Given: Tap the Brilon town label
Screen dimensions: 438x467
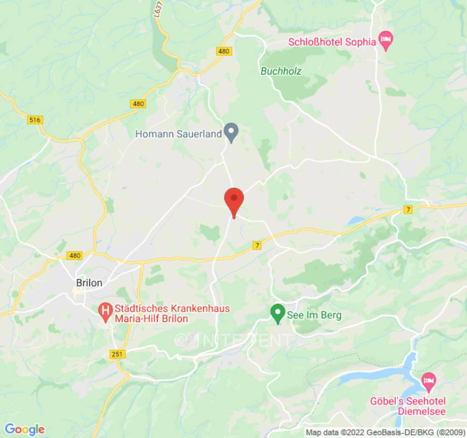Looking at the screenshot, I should tap(89, 283).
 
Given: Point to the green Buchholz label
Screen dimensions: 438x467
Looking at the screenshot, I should tap(281, 71).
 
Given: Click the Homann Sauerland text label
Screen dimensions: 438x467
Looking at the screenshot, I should tap(179, 133).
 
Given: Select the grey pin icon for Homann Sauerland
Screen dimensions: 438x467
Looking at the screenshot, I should tap(232, 133).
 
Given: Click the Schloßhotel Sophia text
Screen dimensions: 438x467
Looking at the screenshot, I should tap(332, 41).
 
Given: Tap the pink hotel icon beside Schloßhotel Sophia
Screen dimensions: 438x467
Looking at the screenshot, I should tap(386, 41).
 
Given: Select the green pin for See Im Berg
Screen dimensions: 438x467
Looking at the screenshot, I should tap(278, 314).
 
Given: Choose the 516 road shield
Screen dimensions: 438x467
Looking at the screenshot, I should tap(36, 119).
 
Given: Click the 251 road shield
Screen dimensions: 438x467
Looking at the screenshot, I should tap(117, 354).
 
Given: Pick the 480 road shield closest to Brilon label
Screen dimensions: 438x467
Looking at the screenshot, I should tap(74, 256).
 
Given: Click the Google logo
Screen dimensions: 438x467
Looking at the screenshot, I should tap(24, 429).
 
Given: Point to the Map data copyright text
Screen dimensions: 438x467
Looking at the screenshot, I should tap(385, 433).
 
